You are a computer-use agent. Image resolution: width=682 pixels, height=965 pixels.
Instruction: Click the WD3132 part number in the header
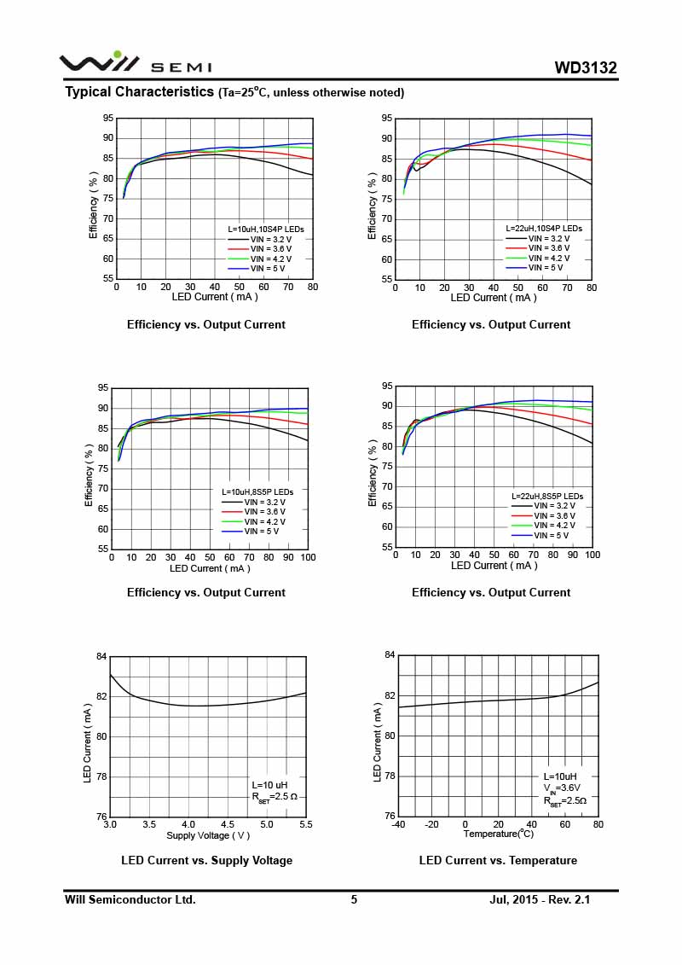tap(585, 68)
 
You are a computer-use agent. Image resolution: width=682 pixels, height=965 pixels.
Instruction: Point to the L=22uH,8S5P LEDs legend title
tap(547, 496)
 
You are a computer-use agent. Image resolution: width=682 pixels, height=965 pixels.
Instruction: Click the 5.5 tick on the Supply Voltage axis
tap(305, 824)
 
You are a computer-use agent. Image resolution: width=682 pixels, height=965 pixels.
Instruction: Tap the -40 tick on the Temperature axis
tap(398, 824)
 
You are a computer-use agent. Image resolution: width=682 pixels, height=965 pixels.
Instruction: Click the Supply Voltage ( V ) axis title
tap(208, 835)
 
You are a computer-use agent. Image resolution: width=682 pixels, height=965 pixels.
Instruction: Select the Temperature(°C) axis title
tap(499, 834)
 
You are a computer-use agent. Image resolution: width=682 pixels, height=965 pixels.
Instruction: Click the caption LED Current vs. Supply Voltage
tap(207, 860)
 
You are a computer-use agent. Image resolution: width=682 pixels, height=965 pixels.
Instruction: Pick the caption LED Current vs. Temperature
tap(498, 860)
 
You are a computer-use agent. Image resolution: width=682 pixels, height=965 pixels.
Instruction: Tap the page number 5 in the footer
tap(354, 899)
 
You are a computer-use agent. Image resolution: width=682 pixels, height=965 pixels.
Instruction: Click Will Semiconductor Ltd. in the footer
tap(130, 899)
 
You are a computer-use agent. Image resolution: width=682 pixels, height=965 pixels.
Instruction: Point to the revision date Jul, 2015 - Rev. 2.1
tap(540, 899)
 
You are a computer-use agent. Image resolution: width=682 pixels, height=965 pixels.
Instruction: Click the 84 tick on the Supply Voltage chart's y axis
tap(101, 656)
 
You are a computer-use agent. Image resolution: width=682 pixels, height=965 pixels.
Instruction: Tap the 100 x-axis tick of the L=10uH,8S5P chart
tap(308, 557)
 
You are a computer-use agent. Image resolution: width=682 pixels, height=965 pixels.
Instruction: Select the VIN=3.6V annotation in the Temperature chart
tap(563, 788)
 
